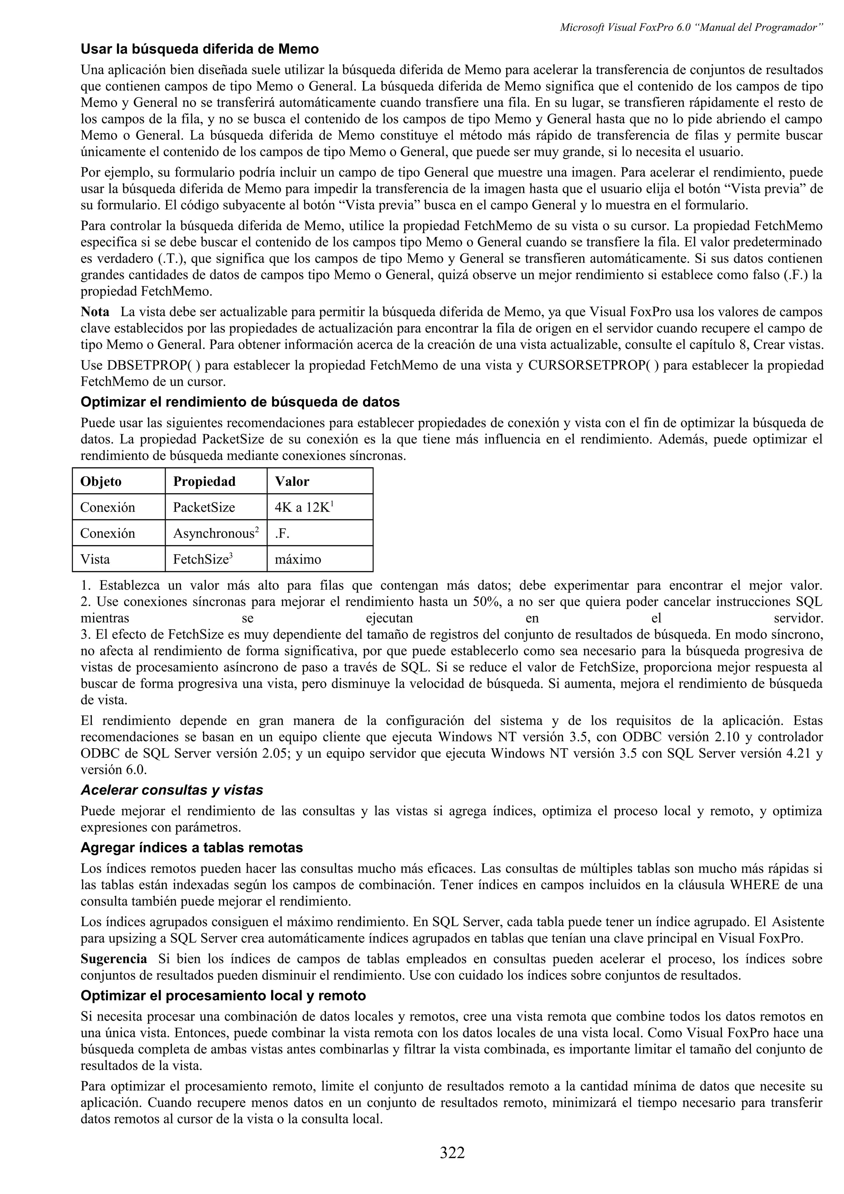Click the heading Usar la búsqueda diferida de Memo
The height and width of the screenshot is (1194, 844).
click(200, 49)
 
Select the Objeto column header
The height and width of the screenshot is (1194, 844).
click(101, 482)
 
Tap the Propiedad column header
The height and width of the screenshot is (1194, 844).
click(204, 482)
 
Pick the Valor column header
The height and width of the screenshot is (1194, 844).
click(292, 482)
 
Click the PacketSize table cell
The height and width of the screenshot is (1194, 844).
click(204, 508)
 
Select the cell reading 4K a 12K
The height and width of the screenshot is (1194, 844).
click(303, 508)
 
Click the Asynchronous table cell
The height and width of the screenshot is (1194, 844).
click(215, 534)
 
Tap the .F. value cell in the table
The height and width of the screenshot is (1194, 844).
click(282, 534)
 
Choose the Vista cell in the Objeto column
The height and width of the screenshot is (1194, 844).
click(95, 560)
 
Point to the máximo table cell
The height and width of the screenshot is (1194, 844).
click(298, 560)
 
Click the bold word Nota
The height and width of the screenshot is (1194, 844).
click(95, 312)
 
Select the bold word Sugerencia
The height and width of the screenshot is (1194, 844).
click(113, 959)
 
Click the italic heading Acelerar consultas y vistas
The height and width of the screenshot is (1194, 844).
click(171, 791)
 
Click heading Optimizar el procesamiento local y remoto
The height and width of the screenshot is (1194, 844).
click(223, 996)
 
